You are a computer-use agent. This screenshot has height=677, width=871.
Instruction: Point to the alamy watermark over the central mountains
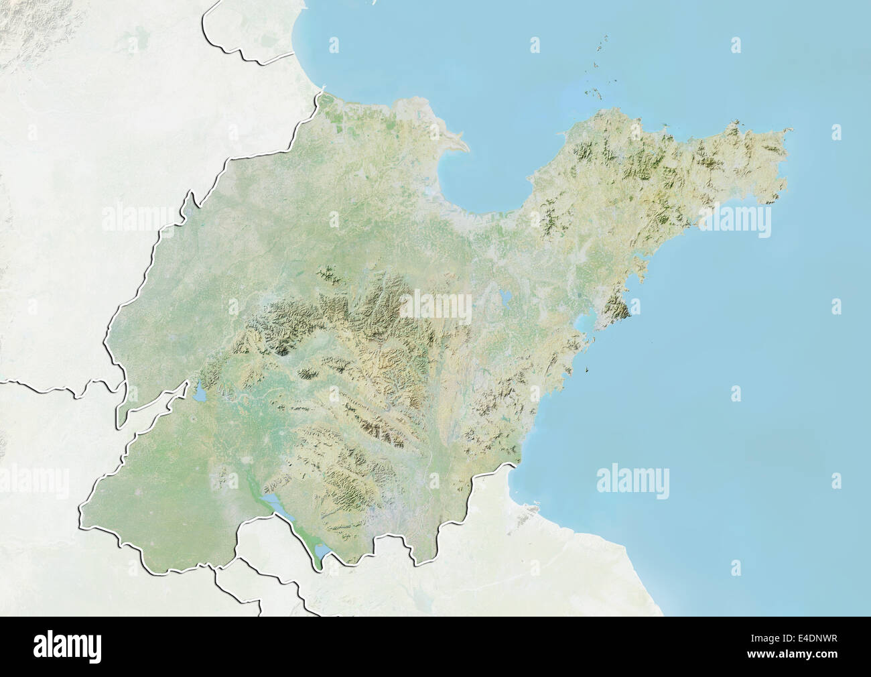coord(435,306)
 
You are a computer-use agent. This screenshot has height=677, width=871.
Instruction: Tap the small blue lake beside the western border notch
coord(200,393)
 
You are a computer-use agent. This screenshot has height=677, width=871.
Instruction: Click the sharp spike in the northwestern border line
coord(190,195)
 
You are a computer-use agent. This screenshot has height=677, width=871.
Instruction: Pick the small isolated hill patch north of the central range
coord(328,273)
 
